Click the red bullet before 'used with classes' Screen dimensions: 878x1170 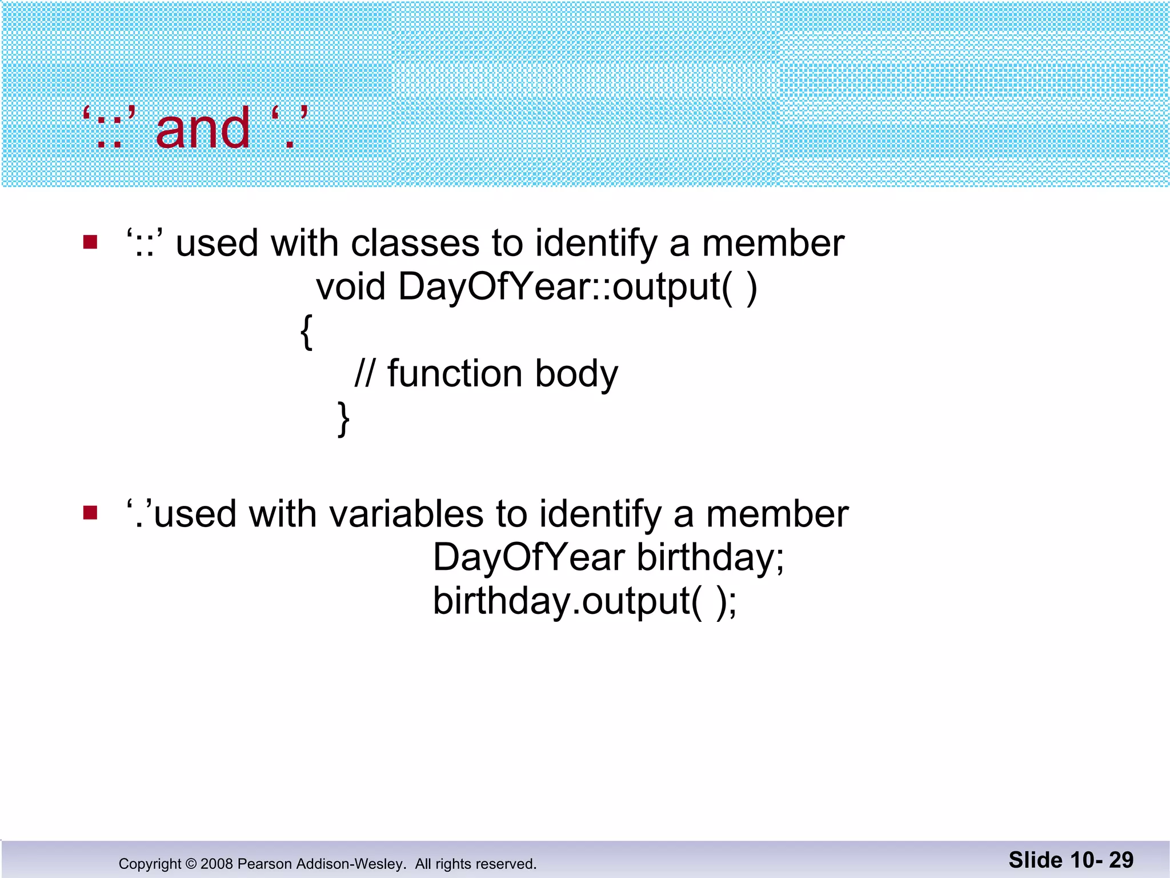pos(90,242)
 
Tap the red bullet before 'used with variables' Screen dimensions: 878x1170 pos(90,513)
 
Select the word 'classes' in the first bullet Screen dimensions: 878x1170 pos(415,244)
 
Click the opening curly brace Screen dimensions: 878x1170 pos(306,332)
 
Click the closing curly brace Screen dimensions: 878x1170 pos(343,419)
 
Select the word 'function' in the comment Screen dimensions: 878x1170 pos(454,374)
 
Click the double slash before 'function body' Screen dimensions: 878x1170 pos(365,374)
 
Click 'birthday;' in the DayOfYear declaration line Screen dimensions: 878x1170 pos(710,557)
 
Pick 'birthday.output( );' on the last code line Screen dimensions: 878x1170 pos(584,601)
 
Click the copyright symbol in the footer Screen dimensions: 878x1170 pos(191,864)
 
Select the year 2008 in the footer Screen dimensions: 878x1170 pos(217,864)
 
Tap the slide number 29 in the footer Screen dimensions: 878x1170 pos(1121,860)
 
